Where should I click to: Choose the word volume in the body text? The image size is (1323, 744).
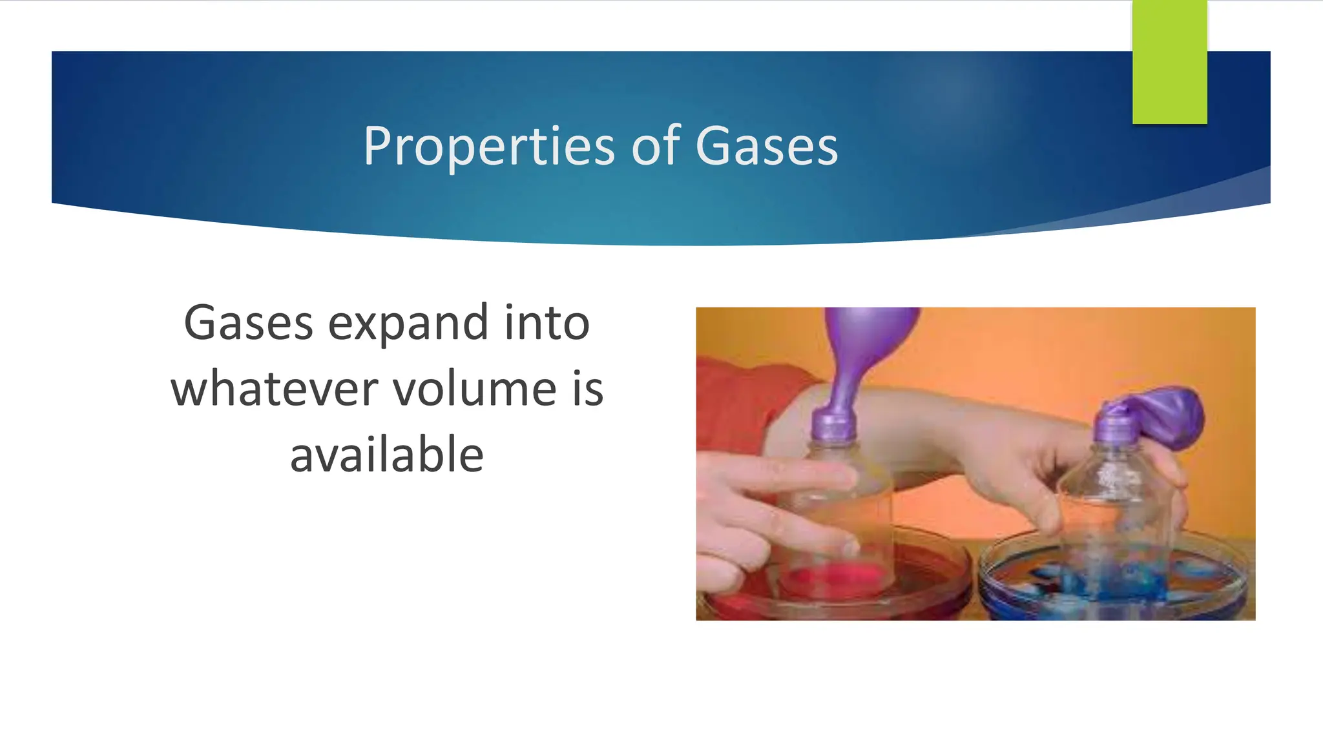coord(475,389)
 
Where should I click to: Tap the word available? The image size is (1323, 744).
coord(386,455)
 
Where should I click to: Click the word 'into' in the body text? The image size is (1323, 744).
coord(547,323)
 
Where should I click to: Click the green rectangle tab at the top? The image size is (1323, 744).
coord(1169,62)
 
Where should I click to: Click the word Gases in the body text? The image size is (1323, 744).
coord(249,323)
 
